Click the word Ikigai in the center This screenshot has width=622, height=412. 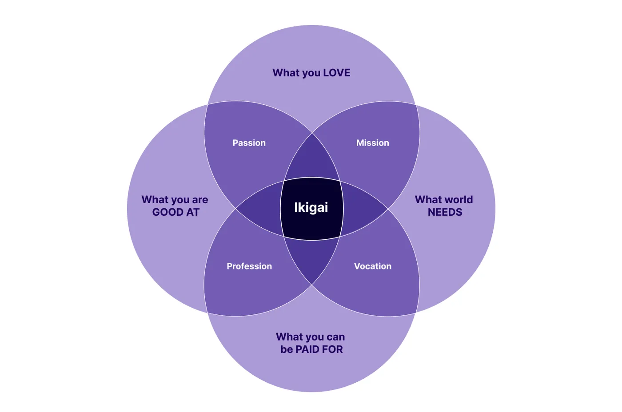pos(311,207)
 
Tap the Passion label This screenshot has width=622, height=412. pos(249,143)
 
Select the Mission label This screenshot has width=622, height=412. pos(373,143)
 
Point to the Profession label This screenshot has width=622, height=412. pos(249,266)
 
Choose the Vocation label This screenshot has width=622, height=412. pos(373,266)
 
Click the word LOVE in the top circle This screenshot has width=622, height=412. pos(337,73)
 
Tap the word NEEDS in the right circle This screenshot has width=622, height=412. pos(445,212)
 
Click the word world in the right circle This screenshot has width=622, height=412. pos(459,200)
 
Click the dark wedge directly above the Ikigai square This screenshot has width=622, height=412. pos(312,159)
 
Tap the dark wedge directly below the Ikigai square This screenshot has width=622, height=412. pos(311,258)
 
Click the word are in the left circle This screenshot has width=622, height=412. pos(200,200)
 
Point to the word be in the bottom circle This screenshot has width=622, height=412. pos(287,349)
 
